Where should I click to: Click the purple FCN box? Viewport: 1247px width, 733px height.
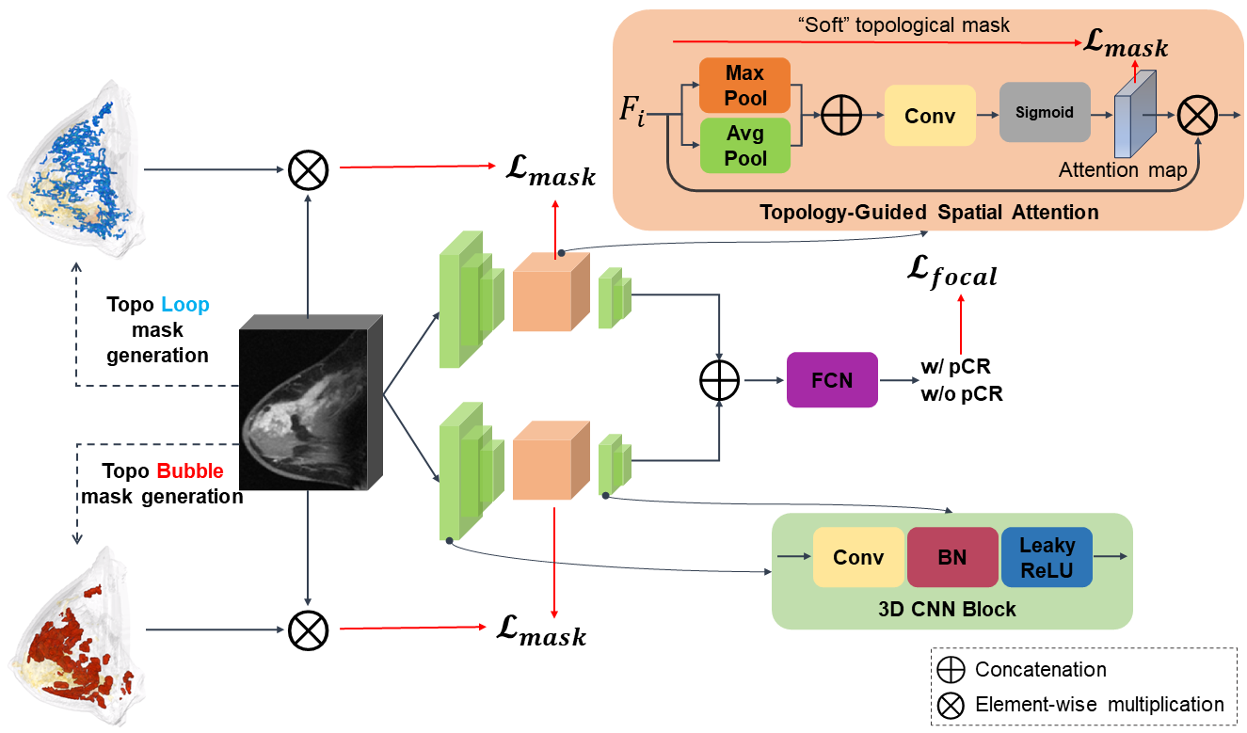[x=831, y=379]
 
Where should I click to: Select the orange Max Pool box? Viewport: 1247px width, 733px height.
[x=745, y=86]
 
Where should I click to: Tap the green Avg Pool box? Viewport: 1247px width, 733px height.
[x=745, y=147]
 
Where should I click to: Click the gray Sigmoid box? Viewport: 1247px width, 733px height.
[x=1044, y=113]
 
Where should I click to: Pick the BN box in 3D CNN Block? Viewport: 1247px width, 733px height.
[x=952, y=557]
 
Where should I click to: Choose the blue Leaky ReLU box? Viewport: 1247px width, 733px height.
[x=1047, y=557]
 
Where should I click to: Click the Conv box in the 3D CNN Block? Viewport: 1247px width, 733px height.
[x=858, y=557]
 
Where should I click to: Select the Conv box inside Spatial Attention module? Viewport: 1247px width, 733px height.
[x=930, y=116]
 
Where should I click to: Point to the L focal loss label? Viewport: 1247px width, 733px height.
[x=951, y=274]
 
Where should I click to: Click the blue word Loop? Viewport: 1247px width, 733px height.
[x=185, y=305]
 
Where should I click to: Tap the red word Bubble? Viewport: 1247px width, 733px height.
[x=190, y=470]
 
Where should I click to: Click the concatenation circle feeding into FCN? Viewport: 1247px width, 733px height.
[x=719, y=380]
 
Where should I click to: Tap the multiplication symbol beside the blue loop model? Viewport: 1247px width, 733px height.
[x=307, y=169]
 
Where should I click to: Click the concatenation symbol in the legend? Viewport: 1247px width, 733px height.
[x=951, y=670]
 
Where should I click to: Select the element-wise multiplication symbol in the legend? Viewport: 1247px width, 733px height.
[x=951, y=704]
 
